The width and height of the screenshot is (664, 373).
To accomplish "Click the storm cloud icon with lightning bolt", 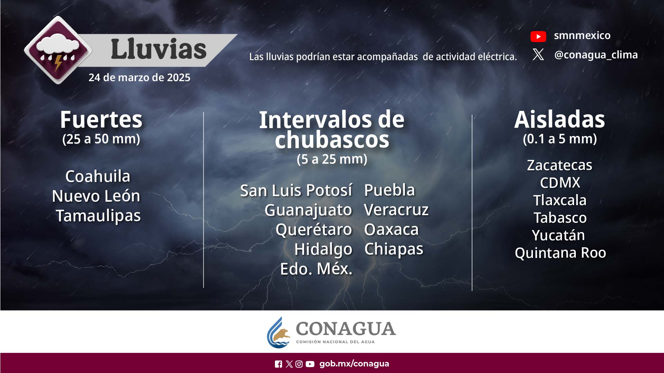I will click(58, 50).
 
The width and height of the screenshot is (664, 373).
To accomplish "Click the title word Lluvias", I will click(159, 49).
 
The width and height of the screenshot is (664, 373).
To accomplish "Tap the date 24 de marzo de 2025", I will click(139, 77).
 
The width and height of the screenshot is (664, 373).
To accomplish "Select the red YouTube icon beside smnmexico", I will click(538, 36).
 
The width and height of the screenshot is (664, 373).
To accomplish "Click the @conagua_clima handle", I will click(596, 55).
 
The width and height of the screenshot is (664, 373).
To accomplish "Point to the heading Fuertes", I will click(101, 119).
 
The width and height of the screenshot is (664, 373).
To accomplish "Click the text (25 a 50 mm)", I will click(101, 139).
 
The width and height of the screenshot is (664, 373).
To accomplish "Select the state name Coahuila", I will click(98, 176).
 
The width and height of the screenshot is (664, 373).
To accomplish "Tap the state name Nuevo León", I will click(96, 196).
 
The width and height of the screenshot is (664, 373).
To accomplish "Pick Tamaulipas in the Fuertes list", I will click(98, 216).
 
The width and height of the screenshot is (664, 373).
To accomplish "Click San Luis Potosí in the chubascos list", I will click(296, 190).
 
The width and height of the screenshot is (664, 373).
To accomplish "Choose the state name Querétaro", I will click(314, 230).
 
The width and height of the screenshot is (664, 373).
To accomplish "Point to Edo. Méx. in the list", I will click(316, 269).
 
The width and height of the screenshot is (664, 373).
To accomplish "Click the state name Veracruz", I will click(396, 210).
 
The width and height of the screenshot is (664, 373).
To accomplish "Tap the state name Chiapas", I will click(394, 249).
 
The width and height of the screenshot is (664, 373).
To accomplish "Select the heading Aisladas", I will click(560, 119).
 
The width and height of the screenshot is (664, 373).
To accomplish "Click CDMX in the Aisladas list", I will click(560, 183).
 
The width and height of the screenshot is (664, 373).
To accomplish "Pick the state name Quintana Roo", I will click(560, 253).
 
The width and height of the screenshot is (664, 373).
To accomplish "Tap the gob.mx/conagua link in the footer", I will click(354, 364).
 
